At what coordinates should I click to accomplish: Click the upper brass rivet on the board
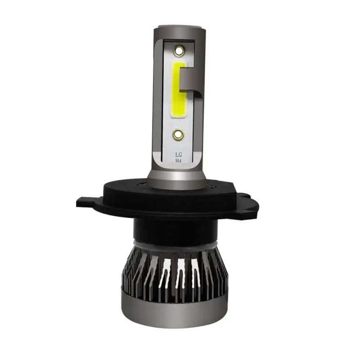179,51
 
